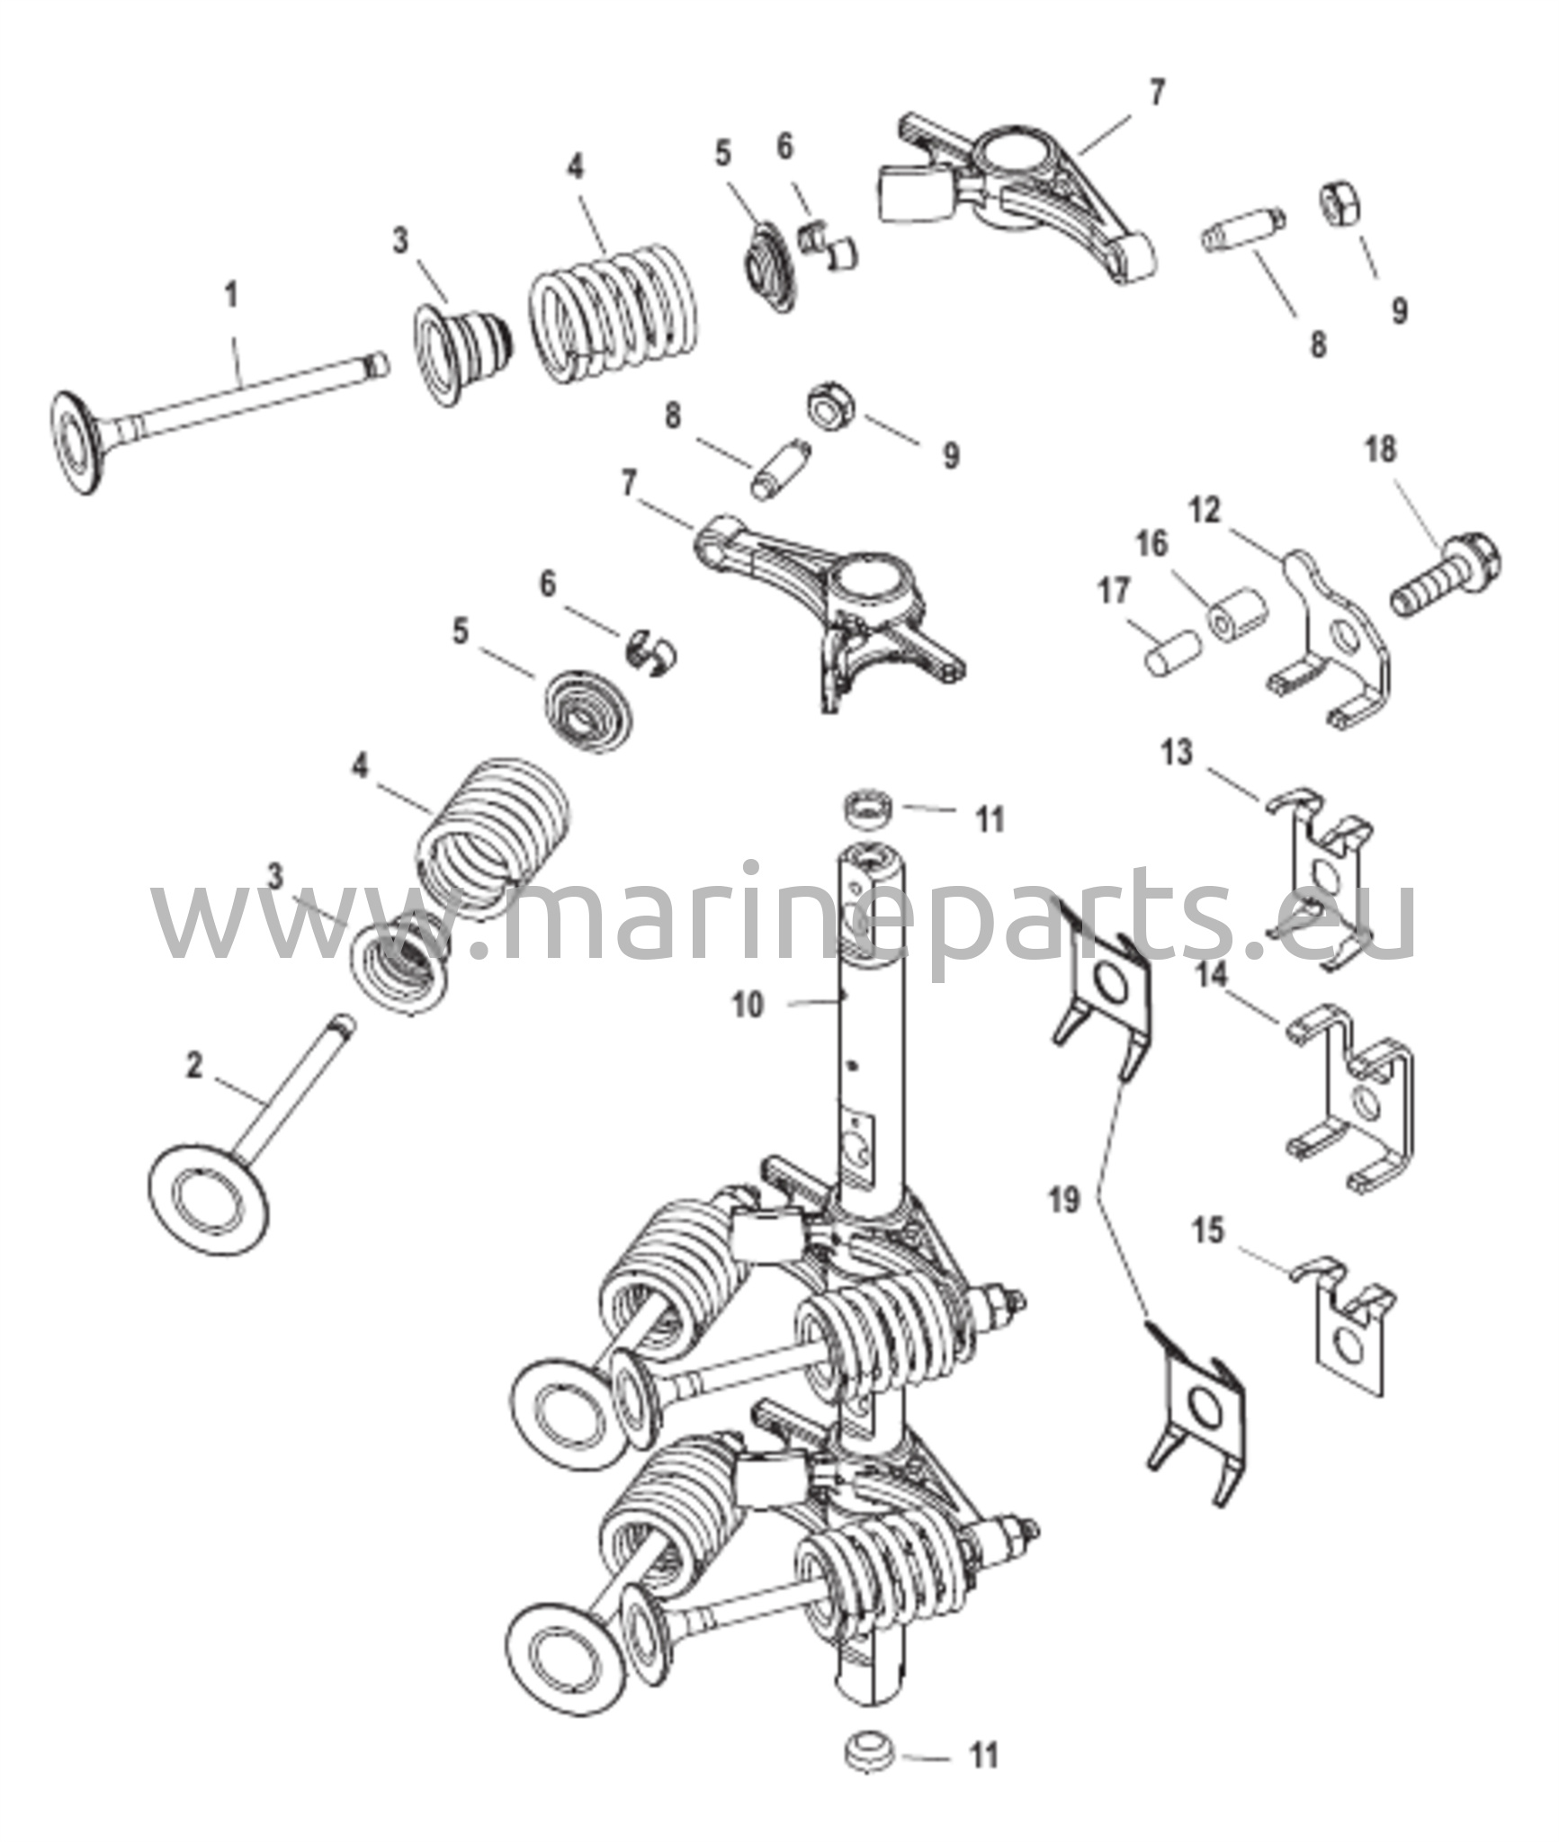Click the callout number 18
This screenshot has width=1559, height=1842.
point(1381,449)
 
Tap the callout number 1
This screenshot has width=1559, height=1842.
point(231,295)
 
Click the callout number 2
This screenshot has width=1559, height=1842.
point(194,1066)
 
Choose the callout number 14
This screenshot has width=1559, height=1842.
point(1212,976)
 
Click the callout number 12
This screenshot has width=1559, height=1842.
point(1205,511)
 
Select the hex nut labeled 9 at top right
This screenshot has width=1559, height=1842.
point(1339,208)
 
